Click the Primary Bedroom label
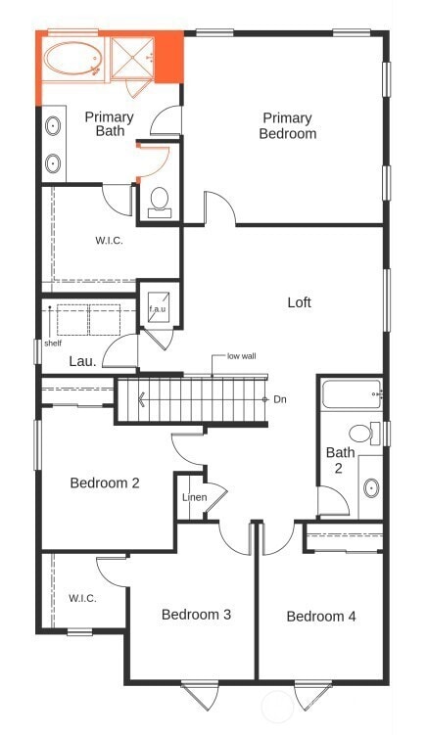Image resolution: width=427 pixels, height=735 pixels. (288, 125)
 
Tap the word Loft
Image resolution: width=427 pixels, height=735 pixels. (299, 302)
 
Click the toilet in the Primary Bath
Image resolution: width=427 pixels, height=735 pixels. (159, 202)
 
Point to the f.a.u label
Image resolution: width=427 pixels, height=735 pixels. (158, 309)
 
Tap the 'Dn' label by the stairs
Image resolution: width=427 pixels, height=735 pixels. (279, 399)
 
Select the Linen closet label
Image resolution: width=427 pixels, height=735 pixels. (194, 497)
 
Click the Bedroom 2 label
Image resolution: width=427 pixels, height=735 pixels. (105, 482)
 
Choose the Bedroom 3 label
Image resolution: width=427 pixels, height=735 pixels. (196, 615)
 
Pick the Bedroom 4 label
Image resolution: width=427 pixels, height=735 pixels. (321, 616)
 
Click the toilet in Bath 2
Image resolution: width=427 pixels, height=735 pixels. (361, 433)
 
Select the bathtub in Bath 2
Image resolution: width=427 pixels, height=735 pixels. (350, 396)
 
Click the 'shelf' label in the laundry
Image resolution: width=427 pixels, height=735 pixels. (53, 344)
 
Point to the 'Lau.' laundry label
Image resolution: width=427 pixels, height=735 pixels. (82, 361)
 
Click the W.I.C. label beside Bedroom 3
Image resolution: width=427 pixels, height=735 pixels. (82, 598)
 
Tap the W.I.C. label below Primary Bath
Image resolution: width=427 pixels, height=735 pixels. (109, 240)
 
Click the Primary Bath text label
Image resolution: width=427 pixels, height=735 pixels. (109, 123)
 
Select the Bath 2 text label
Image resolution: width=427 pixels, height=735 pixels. (340, 459)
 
